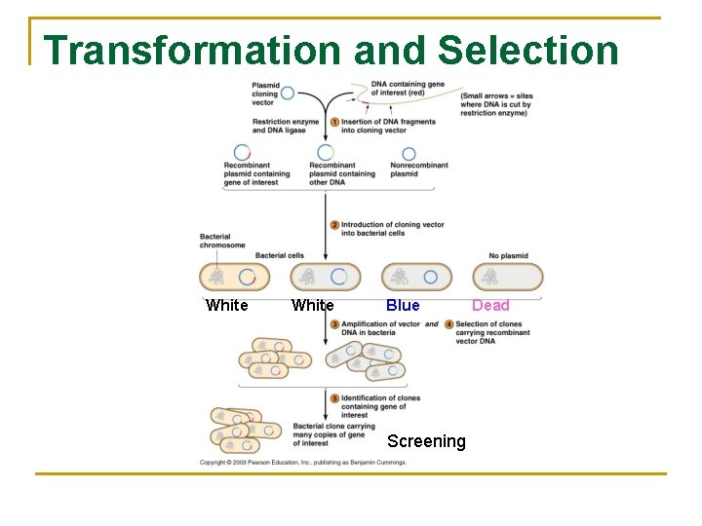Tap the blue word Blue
403,306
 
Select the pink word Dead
490,306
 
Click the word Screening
426,441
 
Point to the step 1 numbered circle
334,122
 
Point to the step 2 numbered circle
334,225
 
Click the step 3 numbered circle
334,324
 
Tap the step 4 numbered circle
448,324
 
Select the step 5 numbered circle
334,398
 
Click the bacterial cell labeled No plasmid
508,278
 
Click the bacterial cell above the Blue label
416,278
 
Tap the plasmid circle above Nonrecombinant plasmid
409,154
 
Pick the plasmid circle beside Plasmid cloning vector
288,94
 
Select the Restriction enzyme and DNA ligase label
279,127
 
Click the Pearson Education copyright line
303,462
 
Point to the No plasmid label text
508,256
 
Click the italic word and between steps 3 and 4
431,324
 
